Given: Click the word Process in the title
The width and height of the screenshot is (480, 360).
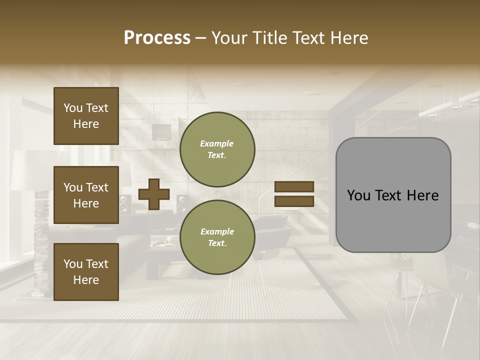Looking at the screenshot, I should point(157,38).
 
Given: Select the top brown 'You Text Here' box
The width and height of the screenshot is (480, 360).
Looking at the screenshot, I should point(86,116).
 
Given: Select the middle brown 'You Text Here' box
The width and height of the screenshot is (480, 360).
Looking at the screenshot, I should point(86,195).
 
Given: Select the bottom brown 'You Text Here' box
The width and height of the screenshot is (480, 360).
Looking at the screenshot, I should point(86,271).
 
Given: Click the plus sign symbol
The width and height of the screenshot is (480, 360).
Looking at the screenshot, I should point(154,194).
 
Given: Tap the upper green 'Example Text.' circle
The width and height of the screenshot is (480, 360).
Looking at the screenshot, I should point(217,149).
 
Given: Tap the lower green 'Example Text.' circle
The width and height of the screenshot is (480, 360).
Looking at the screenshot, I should point(217,237).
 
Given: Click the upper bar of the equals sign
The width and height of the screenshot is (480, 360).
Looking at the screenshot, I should point(294,187).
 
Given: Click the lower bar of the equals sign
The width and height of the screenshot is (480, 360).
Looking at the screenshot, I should point(294,201).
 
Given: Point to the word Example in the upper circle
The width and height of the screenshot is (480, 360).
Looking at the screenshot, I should point(217,143).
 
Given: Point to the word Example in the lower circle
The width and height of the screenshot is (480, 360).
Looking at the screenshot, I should point(217,231).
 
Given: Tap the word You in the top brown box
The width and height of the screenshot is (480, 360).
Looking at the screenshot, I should point(72,108).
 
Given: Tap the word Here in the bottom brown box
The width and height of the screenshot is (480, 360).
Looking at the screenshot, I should point(86,280).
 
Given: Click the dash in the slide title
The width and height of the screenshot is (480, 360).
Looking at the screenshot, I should point(201,38).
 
